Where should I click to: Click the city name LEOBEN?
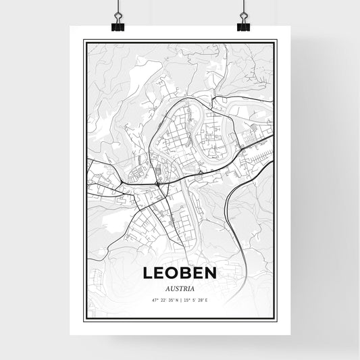[179, 273]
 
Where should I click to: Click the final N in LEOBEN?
[209, 273]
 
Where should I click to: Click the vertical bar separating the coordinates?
[180, 300]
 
